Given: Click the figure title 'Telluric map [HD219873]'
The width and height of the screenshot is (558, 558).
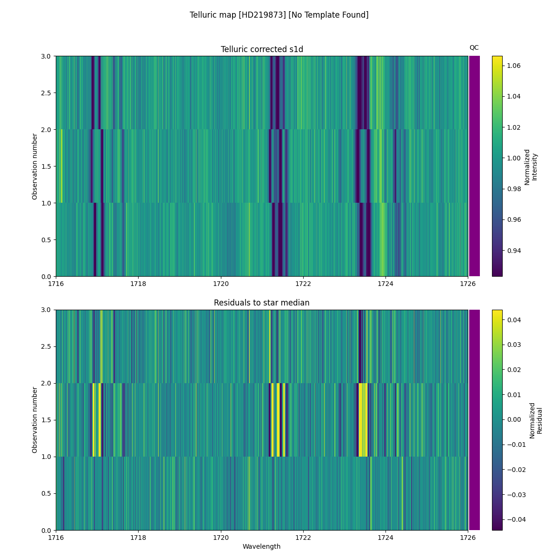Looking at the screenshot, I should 279,15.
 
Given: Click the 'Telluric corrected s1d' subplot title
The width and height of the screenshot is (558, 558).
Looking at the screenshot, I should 262,49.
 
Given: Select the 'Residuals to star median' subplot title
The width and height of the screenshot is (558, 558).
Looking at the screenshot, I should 262,303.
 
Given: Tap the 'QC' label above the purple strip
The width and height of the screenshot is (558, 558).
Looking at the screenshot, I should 474,47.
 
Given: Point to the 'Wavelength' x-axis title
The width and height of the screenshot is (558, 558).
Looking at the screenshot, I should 262,546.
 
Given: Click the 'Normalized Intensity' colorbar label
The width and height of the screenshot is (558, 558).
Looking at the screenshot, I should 531,166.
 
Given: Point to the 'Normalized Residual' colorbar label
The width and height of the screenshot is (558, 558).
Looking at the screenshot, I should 536,420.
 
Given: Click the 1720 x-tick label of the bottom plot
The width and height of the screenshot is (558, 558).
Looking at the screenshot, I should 221,537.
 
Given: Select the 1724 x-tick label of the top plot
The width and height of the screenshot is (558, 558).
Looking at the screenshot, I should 385,284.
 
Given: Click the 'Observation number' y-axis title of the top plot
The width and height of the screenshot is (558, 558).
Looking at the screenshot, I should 35,166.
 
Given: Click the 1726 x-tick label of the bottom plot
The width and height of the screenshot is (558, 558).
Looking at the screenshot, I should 468,537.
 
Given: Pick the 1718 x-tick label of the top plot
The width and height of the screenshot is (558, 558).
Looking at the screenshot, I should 138,284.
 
